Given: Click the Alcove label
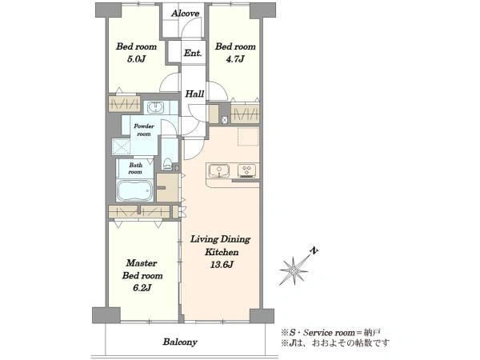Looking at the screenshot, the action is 186,14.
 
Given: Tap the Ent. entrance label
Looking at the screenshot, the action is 193,54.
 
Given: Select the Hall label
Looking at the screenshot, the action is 194,94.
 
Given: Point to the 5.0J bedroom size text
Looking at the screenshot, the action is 136,59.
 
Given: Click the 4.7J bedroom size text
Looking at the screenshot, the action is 234,59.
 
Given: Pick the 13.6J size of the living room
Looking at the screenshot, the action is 222,265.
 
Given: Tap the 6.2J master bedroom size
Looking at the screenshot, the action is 142,288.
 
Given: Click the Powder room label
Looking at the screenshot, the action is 144,130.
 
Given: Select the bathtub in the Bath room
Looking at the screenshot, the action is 134,190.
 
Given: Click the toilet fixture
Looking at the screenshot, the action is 168,163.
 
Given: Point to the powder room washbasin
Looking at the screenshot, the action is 156,108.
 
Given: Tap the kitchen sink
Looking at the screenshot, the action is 219,170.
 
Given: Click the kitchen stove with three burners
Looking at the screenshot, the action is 247,171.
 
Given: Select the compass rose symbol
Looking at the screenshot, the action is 294,270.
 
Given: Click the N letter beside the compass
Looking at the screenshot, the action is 314,250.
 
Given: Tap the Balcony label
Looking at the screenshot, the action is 180,342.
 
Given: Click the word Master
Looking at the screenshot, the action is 142,263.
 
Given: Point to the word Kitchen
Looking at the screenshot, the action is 222,252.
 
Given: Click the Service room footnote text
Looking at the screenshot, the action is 331,333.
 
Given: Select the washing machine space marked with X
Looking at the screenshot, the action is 122,146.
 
